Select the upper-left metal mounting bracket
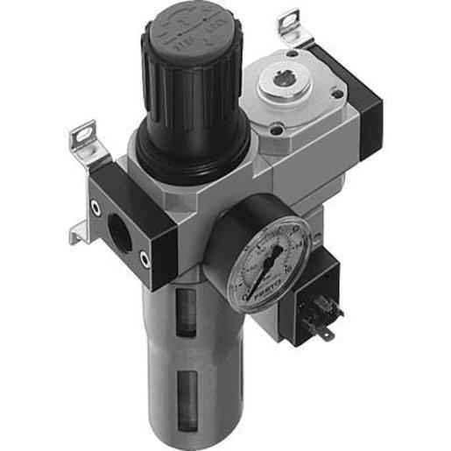tap(82, 140)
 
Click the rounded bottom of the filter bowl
tap(187, 429)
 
